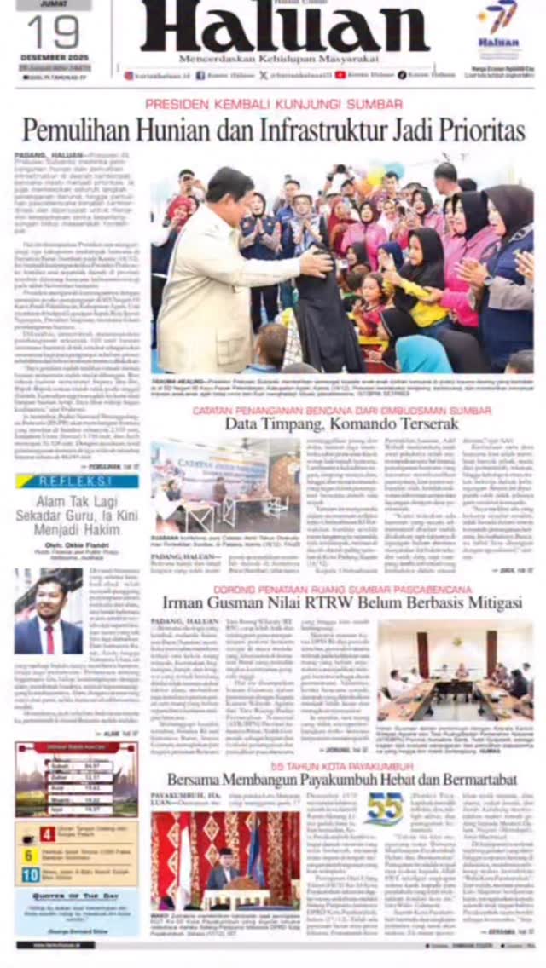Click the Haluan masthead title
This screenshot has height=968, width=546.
[x=284, y=27]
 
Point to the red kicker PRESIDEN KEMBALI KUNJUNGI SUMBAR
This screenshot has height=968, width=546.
[x=274, y=104]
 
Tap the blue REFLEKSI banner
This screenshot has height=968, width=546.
[x=76, y=481]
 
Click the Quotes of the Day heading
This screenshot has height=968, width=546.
[x=75, y=895]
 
